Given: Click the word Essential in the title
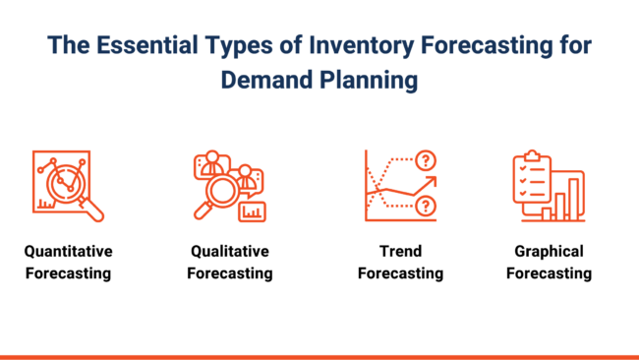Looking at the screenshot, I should pyautogui.click(x=145, y=46).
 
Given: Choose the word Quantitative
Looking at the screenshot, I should pyautogui.click(x=69, y=252).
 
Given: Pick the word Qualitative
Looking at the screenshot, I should pyautogui.click(x=230, y=252).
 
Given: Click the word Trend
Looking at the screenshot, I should pyautogui.click(x=400, y=252).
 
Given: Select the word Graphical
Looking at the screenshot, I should pyautogui.click(x=549, y=252).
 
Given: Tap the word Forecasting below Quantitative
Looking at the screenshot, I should pyautogui.click(x=69, y=273).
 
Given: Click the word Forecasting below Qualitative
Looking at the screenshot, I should pyautogui.click(x=230, y=273).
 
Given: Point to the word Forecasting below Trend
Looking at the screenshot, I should pyautogui.click(x=400, y=273).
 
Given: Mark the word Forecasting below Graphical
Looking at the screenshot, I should pyautogui.click(x=549, y=273).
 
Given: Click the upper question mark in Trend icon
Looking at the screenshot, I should pyautogui.click(x=425, y=160).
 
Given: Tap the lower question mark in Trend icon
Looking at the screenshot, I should pyautogui.click(x=425, y=206).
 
